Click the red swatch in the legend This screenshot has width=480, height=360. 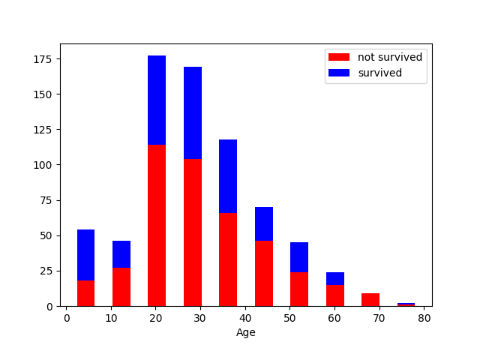339,57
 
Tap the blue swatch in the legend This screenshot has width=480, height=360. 339,73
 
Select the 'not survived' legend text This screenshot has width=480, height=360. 390,57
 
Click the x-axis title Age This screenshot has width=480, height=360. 245,332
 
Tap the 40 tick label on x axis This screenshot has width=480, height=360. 245,318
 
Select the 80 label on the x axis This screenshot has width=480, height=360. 424,318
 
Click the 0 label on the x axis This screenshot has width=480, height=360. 67,318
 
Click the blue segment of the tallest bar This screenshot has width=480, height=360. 157,100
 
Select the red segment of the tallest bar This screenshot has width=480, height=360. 157,225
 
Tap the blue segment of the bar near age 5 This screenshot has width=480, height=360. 85,255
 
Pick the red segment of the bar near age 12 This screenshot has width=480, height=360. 121,286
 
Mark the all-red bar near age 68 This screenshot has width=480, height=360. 370,300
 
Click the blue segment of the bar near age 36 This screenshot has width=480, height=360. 228,176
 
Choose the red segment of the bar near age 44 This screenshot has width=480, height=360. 264,273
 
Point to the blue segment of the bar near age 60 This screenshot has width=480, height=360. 335,278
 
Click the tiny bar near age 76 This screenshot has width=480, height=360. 406,304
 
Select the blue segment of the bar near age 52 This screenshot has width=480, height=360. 299,257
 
